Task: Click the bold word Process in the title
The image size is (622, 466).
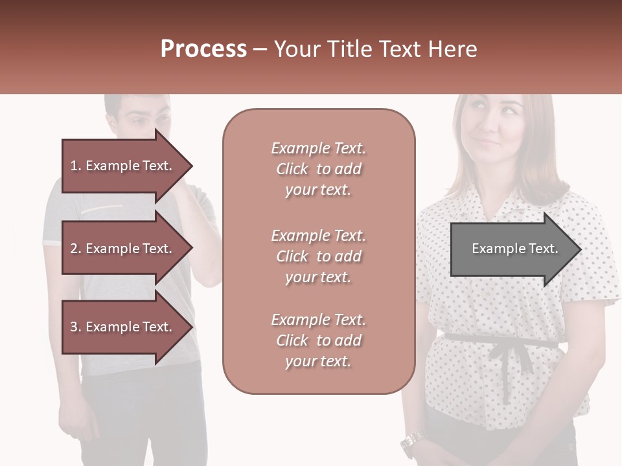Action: (203, 49)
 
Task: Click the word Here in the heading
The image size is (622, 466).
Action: (452, 49)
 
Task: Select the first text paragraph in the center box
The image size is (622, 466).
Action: (318, 169)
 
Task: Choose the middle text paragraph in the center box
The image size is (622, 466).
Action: (318, 256)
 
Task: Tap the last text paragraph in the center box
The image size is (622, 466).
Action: (318, 340)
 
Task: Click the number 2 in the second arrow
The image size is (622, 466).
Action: (74, 249)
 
